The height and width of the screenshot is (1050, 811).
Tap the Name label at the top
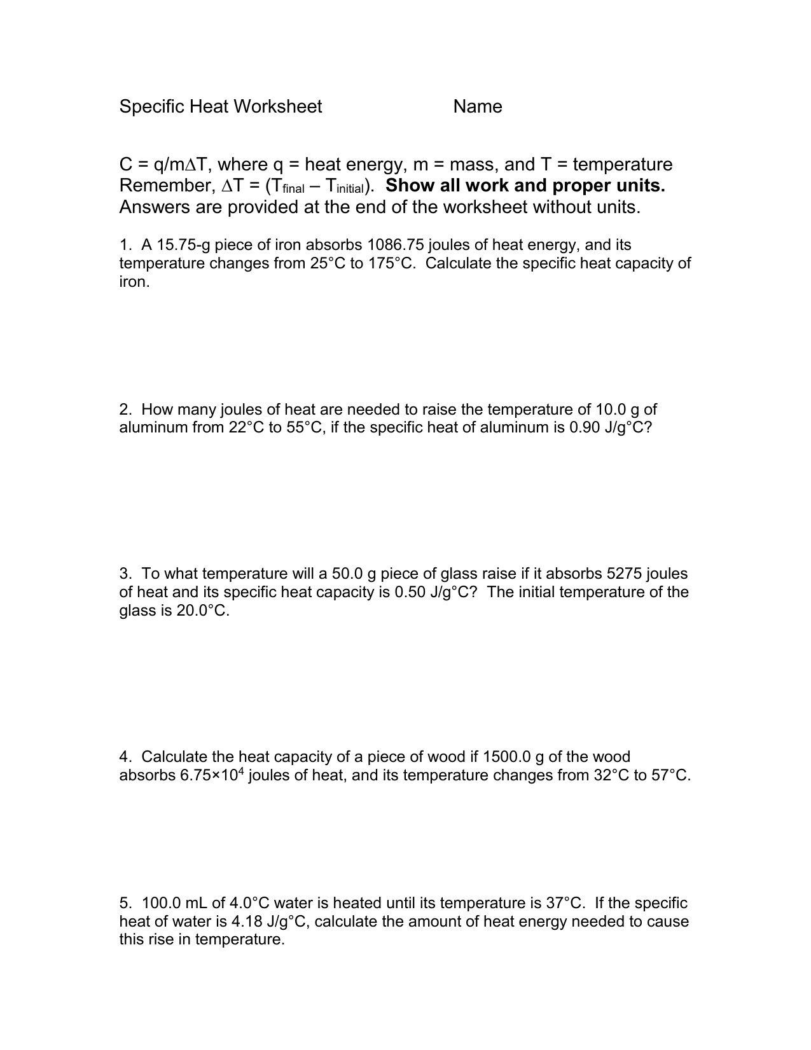[478, 106]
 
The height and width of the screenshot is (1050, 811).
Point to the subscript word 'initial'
[345, 189]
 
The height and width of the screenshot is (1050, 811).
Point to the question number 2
[124, 409]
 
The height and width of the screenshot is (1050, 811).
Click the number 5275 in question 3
[625, 574]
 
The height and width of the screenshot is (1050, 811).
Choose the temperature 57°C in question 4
[670, 775]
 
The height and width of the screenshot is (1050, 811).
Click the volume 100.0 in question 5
[162, 903]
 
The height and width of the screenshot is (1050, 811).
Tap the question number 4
[124, 757]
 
